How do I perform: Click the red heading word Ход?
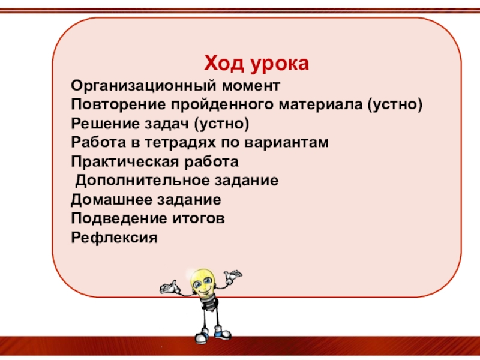[x=224, y=63]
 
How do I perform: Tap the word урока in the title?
[x=280, y=65]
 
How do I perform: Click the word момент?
[x=251, y=86]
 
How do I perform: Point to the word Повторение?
[x=118, y=104]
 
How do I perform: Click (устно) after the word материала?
[x=395, y=104]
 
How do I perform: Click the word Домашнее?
[x=112, y=200]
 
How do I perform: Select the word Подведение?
[x=119, y=219]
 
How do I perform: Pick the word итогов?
[x=199, y=219]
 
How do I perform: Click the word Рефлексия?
[x=114, y=238]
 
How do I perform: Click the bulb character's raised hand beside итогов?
[x=233, y=275]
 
